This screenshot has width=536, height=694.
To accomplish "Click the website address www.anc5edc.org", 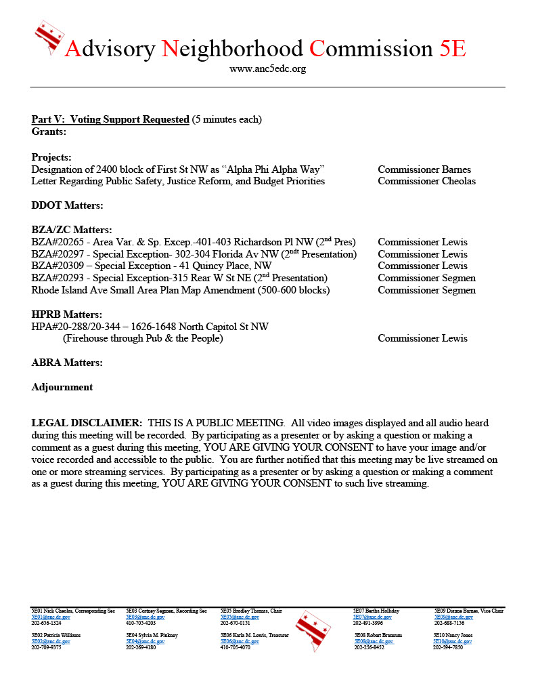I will pos(267,69).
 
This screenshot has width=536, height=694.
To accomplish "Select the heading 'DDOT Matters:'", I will pos(67,205).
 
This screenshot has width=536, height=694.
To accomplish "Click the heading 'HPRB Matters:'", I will pos(67,314).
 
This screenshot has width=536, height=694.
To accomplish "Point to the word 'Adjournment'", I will pos(62,387).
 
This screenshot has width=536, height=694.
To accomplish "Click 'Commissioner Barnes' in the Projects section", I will pos(424,169).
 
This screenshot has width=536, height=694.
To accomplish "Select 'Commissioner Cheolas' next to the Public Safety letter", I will pos(426,181).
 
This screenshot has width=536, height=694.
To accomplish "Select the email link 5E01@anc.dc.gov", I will pos(51,617).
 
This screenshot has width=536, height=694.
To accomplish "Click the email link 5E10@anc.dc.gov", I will pos(453,641).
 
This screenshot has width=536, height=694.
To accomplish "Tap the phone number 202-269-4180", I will pos(141,647).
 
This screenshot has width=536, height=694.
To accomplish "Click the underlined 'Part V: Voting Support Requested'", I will pos(110,119).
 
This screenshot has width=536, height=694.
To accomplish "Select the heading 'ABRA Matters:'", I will pos(67,363).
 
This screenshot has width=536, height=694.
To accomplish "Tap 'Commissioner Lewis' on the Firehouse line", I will pos(422,338).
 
